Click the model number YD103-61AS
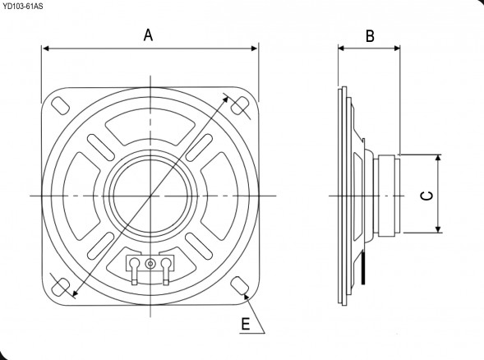point(24,6)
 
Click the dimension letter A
point(149,35)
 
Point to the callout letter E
point(244,324)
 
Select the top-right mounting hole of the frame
point(240,105)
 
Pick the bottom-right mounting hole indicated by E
point(240,284)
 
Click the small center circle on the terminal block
point(150,264)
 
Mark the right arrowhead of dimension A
point(254,48)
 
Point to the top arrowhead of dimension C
point(439,159)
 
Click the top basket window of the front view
point(150,128)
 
